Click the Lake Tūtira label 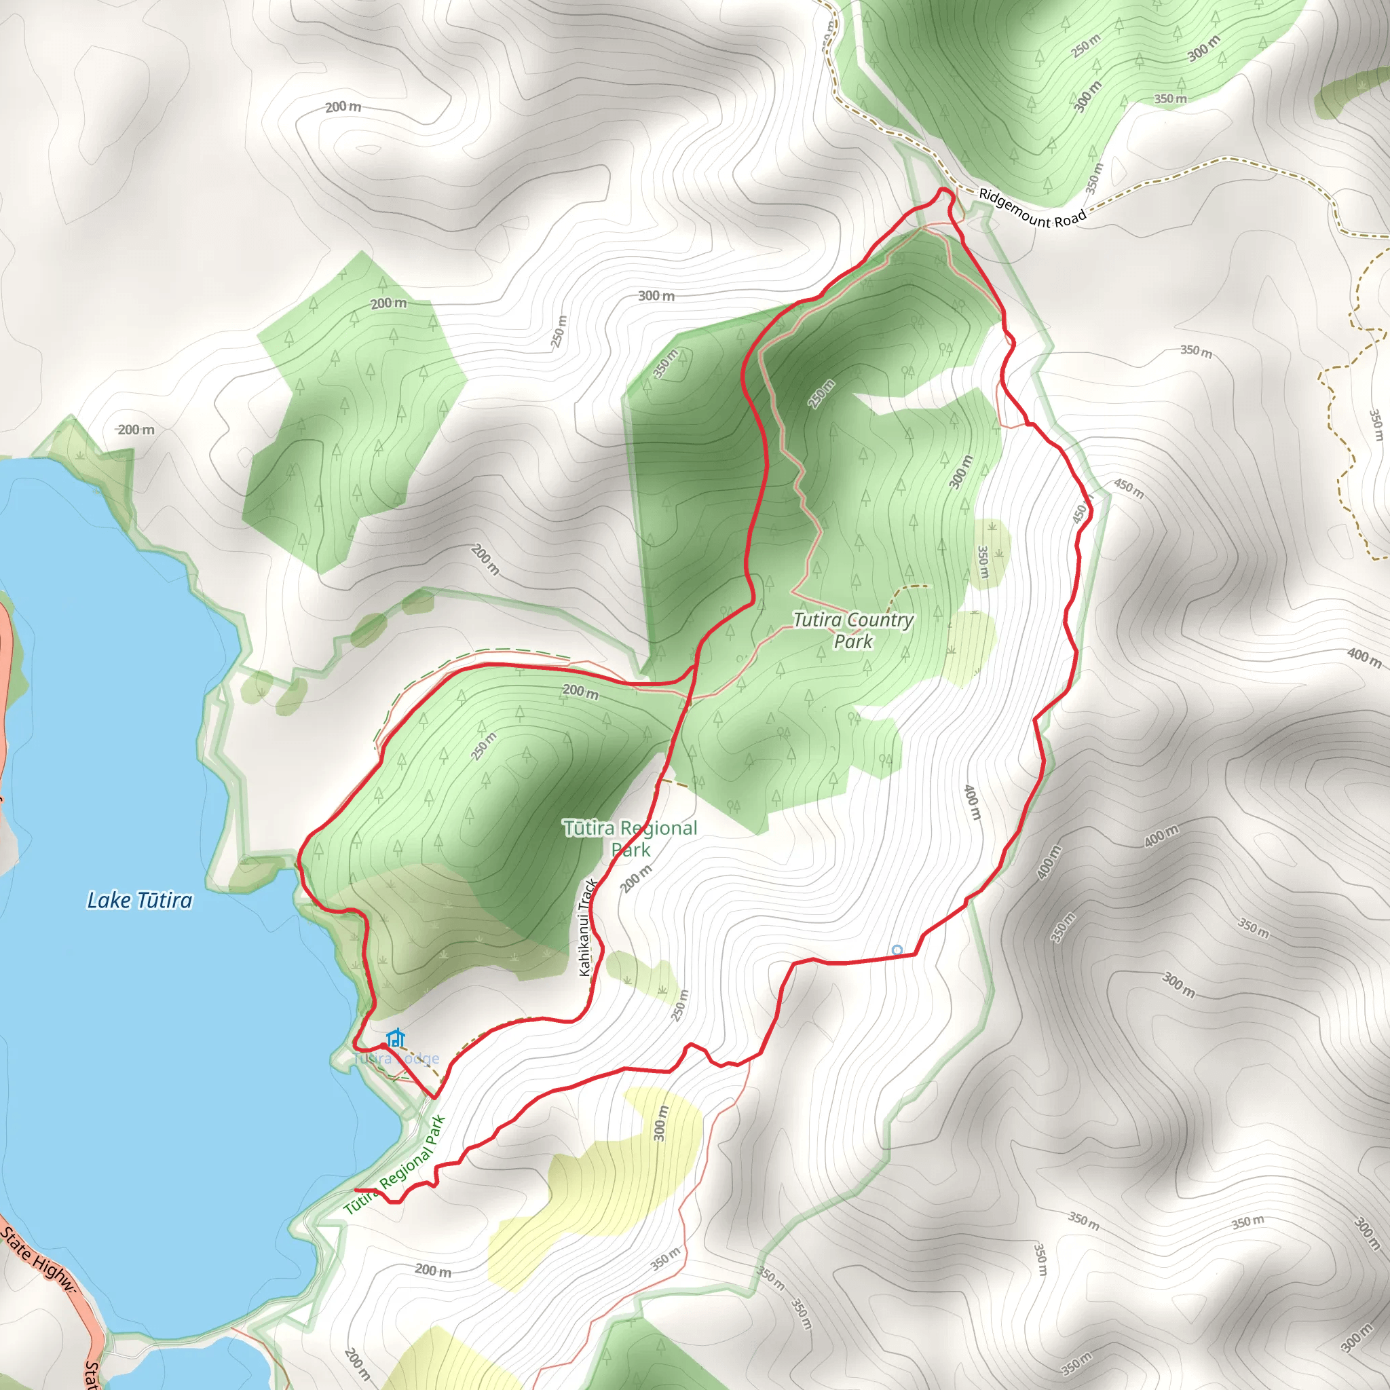pos(140,901)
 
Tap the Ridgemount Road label pos(1032,208)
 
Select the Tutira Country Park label pos(853,631)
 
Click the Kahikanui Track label pos(587,927)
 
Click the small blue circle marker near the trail pos(897,950)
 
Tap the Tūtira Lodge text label pos(396,1058)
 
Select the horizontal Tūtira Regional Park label pos(631,839)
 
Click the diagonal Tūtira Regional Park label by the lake pos(395,1165)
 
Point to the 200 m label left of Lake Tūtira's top pos(136,430)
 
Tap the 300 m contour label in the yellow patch pos(660,1123)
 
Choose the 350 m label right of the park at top pos(1196,351)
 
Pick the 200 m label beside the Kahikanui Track pos(636,878)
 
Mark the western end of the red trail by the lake pos(357,1190)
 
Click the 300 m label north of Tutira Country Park pos(656,296)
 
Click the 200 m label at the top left pos(343,107)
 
